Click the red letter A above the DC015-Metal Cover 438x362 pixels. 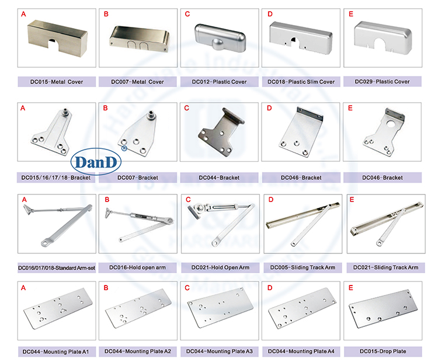click(x=23, y=13)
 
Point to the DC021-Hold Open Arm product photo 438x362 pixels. click(x=219, y=225)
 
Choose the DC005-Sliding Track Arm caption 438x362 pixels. click(x=303, y=267)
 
